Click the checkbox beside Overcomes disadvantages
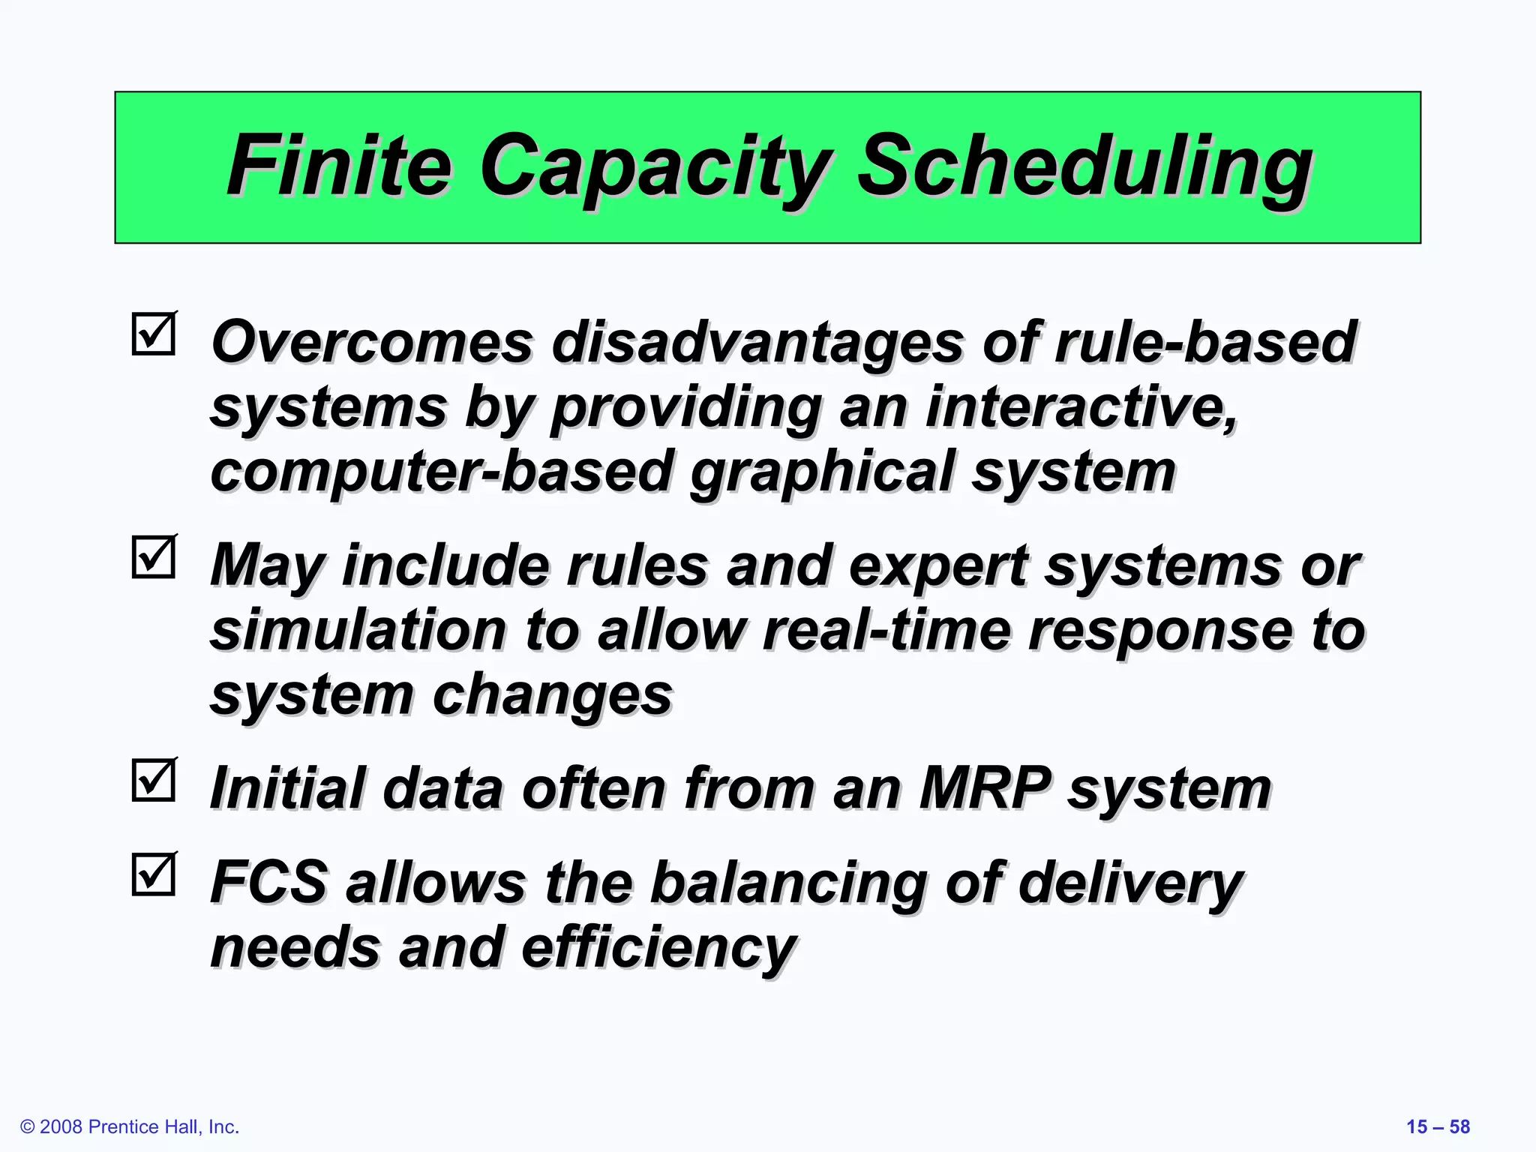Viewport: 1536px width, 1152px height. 154,334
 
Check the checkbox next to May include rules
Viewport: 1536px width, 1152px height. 154,556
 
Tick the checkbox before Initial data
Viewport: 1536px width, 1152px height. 154,780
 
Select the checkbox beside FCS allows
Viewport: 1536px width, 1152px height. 154,874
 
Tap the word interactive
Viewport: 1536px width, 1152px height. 1081,406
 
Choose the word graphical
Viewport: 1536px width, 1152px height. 822,472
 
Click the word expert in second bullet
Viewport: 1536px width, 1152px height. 938,565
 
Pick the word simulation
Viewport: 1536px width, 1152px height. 358,630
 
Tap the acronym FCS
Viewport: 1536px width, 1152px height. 269,882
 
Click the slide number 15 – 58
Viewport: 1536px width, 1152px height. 1438,1126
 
